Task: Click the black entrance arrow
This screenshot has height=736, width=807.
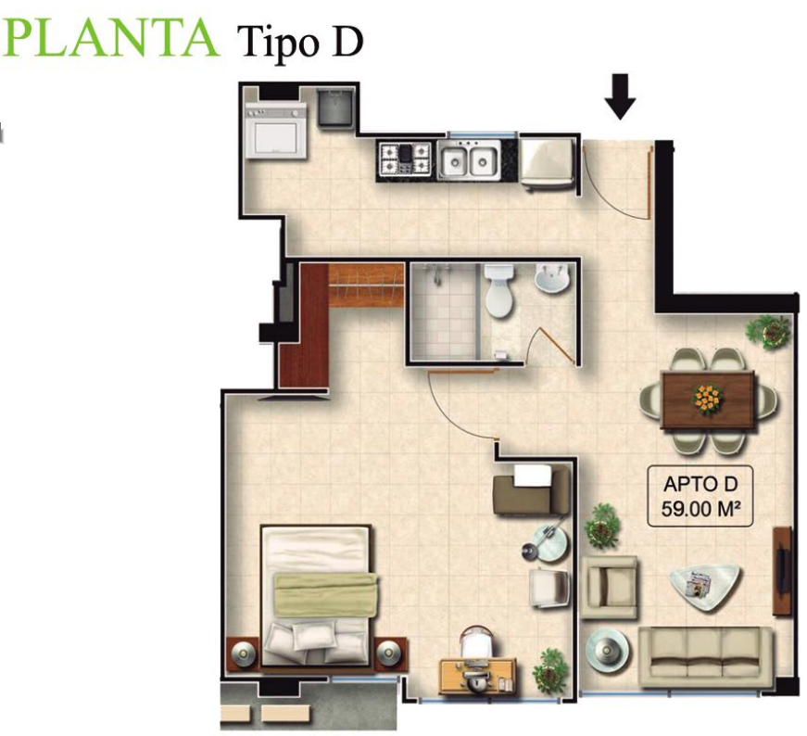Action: tap(620, 96)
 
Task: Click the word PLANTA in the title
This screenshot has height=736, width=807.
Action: tap(109, 38)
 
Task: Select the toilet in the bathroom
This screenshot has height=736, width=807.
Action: tap(499, 291)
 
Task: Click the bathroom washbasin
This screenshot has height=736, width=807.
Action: tap(551, 279)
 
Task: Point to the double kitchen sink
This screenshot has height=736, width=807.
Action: tap(469, 159)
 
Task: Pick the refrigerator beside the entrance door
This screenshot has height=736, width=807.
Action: tap(547, 162)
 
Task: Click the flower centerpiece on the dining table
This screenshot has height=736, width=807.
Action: tap(709, 399)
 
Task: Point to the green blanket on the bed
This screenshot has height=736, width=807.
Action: tap(325, 594)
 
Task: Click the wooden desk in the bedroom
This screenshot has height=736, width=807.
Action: tap(477, 677)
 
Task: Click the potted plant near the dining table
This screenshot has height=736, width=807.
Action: tap(769, 332)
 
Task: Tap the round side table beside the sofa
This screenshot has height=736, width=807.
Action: tap(607, 651)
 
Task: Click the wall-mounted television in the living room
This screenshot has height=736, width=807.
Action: tap(782, 570)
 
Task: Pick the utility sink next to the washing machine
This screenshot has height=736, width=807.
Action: tap(335, 107)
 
